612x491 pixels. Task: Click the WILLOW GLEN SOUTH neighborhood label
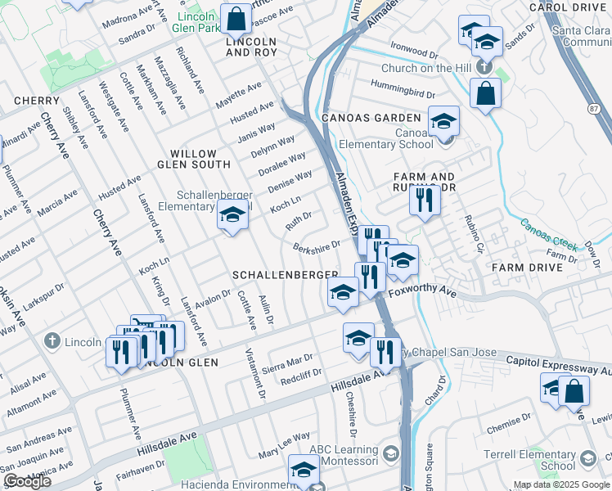click(193, 159)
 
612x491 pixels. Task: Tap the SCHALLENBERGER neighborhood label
click(286, 274)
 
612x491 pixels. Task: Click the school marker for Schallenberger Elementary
click(232, 216)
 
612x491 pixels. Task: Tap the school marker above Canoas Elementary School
click(443, 121)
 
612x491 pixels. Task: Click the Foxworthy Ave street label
click(422, 291)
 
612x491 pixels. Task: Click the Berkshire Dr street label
click(316, 246)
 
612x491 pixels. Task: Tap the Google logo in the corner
click(28, 481)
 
